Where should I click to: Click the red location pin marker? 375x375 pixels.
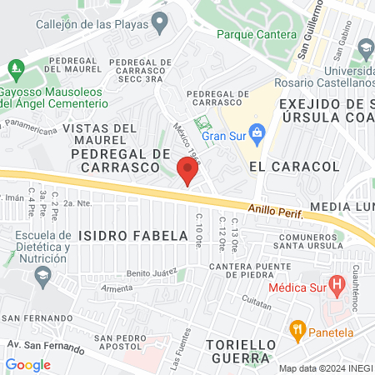click(187, 171)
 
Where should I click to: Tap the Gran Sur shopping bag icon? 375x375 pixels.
click(258, 132)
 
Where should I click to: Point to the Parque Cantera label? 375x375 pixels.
click(257, 35)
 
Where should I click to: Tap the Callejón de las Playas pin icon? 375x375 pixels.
click(160, 20)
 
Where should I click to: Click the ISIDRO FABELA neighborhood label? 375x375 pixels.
click(134, 236)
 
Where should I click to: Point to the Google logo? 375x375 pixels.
click(27, 364)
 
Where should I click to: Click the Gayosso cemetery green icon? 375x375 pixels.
click(15, 66)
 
